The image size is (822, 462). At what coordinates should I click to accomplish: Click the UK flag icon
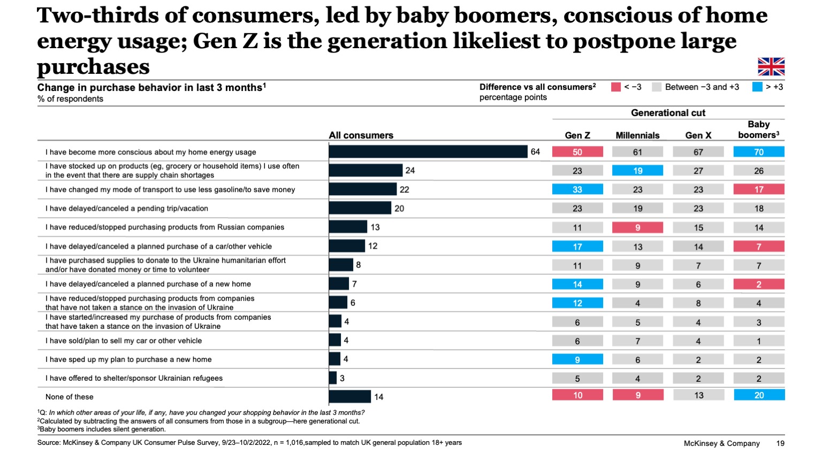click(771, 66)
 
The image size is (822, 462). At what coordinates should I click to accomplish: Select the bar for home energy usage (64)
click(428, 152)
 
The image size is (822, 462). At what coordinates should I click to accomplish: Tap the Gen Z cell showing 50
click(577, 152)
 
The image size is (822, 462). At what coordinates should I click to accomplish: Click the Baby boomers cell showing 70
click(758, 152)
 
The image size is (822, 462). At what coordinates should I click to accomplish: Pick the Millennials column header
click(637, 135)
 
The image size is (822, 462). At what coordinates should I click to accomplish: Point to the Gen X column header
click(698, 135)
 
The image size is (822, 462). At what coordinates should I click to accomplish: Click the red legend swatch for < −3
click(615, 87)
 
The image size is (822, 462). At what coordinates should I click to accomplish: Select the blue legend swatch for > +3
click(757, 87)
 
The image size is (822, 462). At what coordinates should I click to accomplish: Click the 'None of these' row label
click(70, 397)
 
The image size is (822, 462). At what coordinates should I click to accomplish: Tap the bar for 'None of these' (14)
click(349, 397)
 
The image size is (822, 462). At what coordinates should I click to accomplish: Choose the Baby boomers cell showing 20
click(758, 395)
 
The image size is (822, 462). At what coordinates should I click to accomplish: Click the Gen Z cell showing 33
click(577, 189)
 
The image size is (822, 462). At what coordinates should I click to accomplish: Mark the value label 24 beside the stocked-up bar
click(410, 171)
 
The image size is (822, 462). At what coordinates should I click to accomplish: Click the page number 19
click(780, 443)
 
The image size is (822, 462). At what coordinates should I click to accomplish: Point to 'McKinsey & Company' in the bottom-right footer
click(721, 443)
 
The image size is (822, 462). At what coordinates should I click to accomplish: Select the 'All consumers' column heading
click(361, 135)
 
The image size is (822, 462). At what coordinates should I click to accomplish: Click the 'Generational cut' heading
click(668, 113)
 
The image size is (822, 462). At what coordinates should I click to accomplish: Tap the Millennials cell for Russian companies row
click(637, 227)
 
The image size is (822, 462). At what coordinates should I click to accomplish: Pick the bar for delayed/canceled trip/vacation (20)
click(360, 208)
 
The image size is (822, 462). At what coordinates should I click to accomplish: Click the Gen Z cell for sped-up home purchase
click(577, 359)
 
